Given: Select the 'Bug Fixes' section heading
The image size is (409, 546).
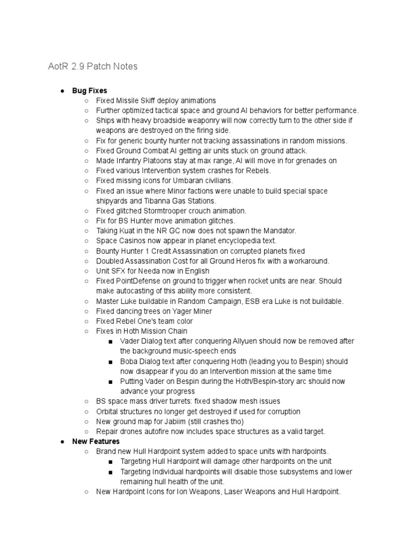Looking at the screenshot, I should tap(89, 91).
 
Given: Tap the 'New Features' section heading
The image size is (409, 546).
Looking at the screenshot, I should tap(96, 441).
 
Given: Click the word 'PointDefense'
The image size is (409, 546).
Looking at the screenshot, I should tap(141, 281).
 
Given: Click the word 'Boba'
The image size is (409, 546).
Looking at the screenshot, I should tap(130, 361).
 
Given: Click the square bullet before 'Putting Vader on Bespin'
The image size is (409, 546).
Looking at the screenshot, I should tap(110, 382).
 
